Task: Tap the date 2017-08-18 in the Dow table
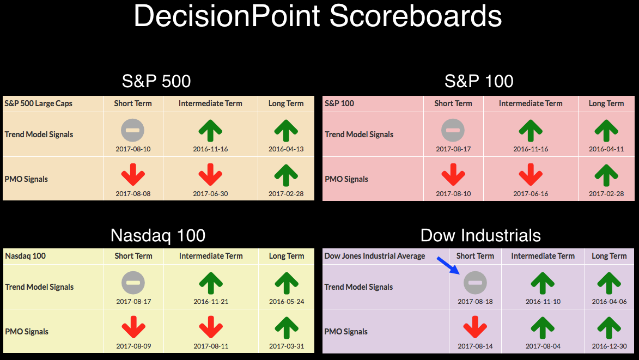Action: pyautogui.click(x=475, y=301)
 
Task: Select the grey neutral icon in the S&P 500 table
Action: pyautogui.click(x=133, y=130)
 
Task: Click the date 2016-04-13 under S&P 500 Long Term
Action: pyautogui.click(x=286, y=149)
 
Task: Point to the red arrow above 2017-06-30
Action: pyautogui.click(x=210, y=175)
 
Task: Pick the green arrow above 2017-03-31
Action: pyautogui.click(x=287, y=327)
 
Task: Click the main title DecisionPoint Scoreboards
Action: pyautogui.click(x=318, y=16)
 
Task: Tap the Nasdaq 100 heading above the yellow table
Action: pyautogui.click(x=158, y=235)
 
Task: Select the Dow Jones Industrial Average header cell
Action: pyautogui.click(x=374, y=256)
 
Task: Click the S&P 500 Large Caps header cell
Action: pyautogui.click(x=38, y=103)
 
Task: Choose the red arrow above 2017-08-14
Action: pyautogui.click(x=475, y=327)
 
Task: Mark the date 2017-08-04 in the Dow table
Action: pyautogui.click(x=543, y=346)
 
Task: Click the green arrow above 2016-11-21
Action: pyautogui.click(x=211, y=283)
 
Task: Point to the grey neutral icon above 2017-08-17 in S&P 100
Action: pyautogui.click(x=453, y=130)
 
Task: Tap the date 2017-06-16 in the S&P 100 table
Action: pyautogui.click(x=531, y=194)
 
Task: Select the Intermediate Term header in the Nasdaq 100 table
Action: pyautogui.click(x=211, y=256)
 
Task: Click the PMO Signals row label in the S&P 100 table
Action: pyautogui.click(x=346, y=179)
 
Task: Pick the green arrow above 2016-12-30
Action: pyautogui.click(x=609, y=327)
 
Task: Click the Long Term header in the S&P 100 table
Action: pyautogui.click(x=606, y=103)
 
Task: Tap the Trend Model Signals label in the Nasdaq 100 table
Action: pyautogui.click(x=39, y=287)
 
